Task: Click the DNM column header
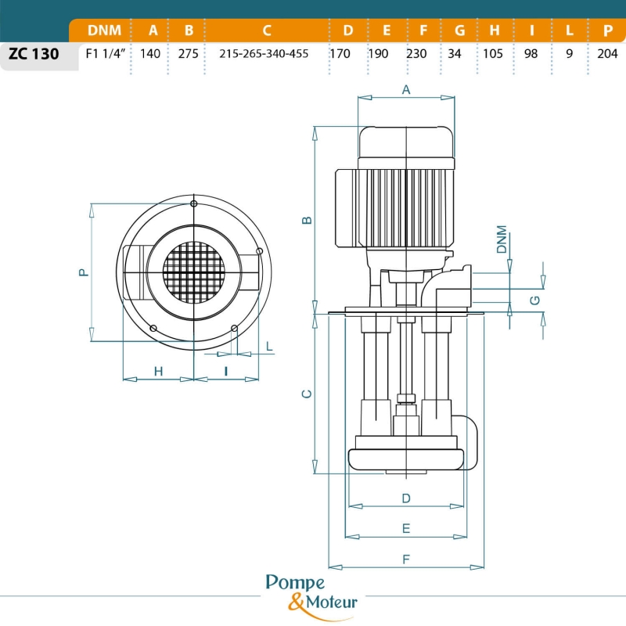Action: (104, 31)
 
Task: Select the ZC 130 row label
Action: (34, 55)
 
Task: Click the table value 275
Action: (189, 54)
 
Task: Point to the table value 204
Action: (608, 54)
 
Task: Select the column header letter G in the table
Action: (459, 31)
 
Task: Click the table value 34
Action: (459, 54)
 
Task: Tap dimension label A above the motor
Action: (406, 90)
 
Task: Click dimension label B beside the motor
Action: (308, 220)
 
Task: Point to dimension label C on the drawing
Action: (308, 393)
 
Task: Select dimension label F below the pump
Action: (406, 559)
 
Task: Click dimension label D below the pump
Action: (406, 498)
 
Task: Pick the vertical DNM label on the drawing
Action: (502, 240)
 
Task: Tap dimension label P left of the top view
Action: (83, 272)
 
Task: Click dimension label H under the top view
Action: (158, 371)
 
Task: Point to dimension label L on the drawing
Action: (269, 345)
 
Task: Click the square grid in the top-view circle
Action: (193, 272)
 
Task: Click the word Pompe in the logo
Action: (296, 583)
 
